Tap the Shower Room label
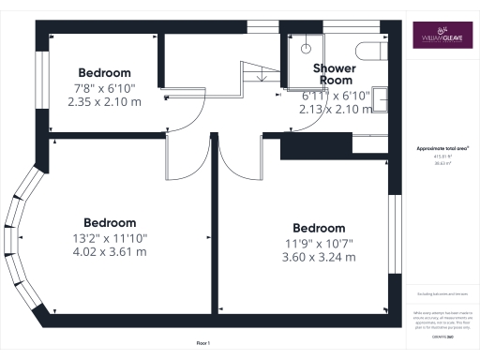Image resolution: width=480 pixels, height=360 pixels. click(334, 75)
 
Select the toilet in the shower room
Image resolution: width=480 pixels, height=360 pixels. click(372, 49)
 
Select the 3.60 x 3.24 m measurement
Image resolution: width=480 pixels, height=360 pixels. click(319, 258)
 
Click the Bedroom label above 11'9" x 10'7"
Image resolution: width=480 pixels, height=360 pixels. click(319, 228)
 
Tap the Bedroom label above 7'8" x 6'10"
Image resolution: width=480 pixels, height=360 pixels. click(104, 72)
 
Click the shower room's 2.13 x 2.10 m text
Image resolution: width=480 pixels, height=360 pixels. click(334, 109)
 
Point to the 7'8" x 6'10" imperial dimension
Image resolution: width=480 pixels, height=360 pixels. click(104, 88)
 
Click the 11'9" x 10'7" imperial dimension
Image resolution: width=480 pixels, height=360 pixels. click(319, 244)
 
